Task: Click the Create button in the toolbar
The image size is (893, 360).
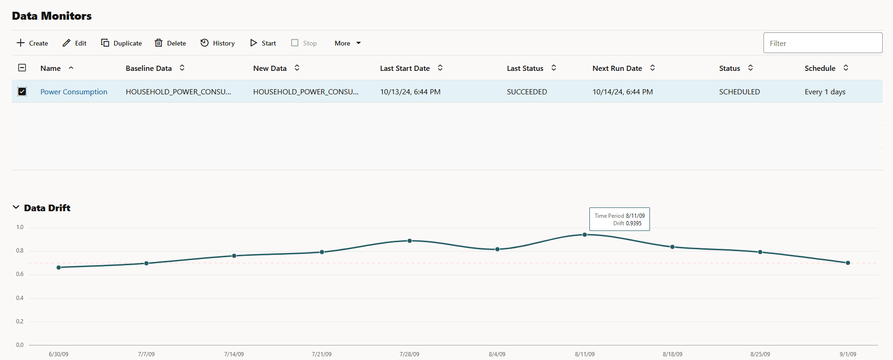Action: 32,43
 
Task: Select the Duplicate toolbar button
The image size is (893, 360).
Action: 122,43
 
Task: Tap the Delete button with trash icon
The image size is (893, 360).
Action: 170,43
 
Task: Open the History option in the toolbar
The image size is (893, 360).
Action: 218,43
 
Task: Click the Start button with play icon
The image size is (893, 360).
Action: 263,43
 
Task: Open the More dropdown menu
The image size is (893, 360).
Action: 348,43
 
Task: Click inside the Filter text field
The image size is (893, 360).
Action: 823,43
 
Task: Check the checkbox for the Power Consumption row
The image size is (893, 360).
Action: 22,92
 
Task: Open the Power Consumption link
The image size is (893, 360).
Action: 74,92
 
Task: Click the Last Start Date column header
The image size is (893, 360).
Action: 405,69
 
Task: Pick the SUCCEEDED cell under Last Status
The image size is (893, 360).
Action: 527,92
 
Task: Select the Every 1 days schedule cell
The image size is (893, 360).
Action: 824,92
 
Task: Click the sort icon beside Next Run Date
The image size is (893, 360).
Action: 652,68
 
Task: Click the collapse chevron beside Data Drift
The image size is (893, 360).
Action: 16,207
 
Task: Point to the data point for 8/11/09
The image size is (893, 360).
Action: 585,235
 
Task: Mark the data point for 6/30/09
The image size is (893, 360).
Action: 59,268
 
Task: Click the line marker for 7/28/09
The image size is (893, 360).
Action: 410,241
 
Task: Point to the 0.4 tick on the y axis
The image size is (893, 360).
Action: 20,298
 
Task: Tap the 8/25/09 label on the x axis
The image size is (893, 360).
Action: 760,354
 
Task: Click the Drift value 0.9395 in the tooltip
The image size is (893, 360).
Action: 633,223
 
